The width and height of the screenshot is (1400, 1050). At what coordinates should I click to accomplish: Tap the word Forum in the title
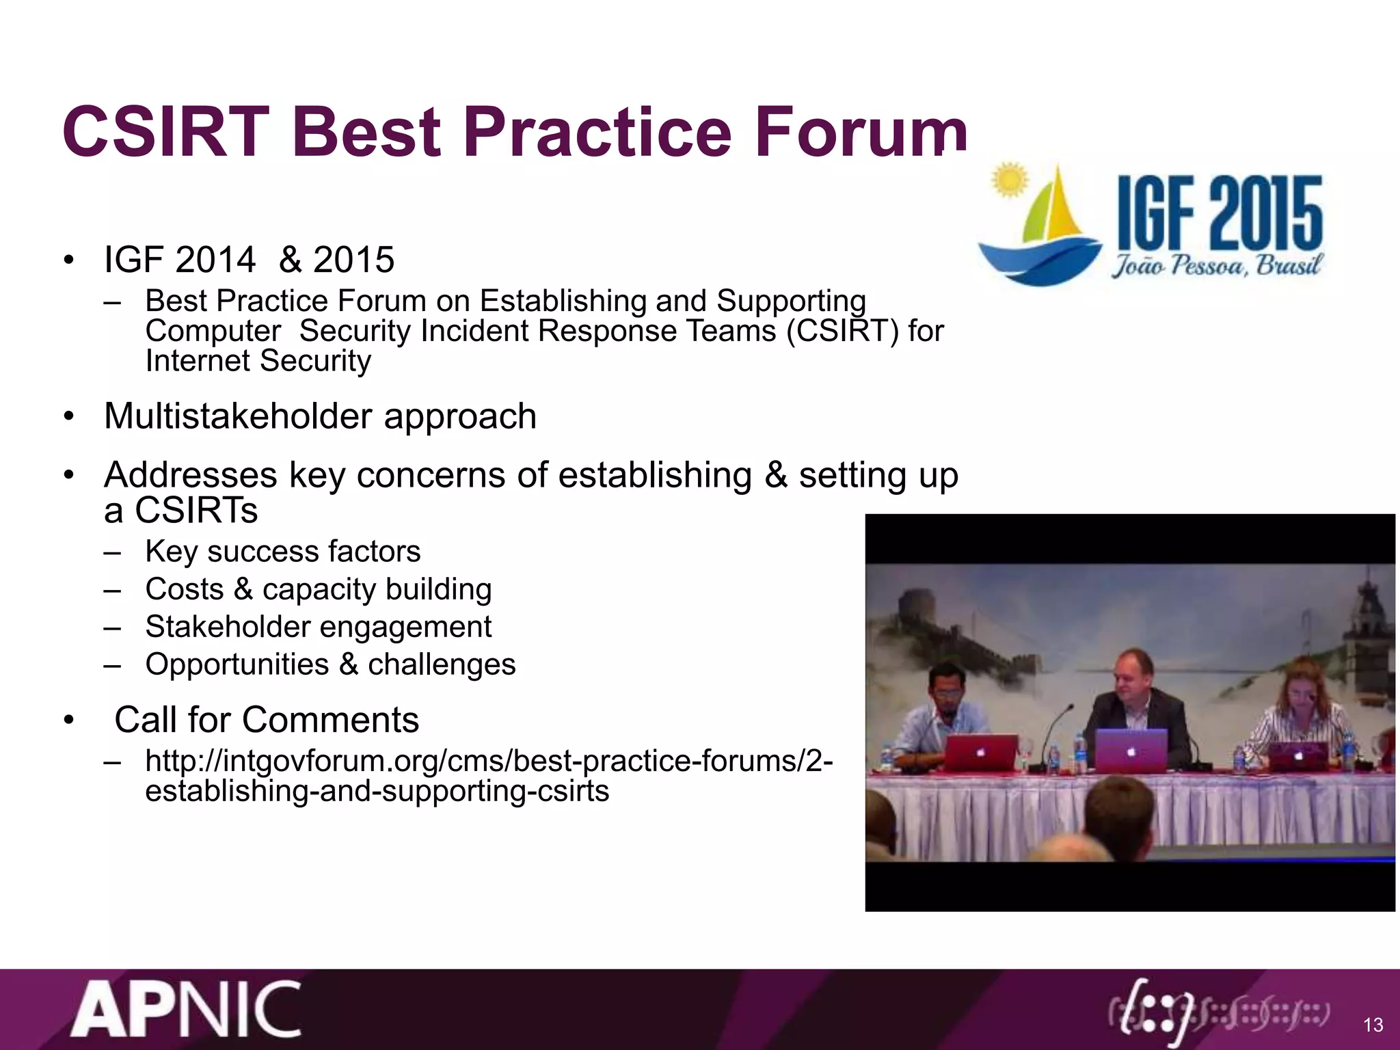click(x=861, y=132)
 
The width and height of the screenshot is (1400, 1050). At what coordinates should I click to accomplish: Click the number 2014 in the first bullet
click(x=215, y=260)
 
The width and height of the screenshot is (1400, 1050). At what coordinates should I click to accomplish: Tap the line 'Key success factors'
click(x=282, y=552)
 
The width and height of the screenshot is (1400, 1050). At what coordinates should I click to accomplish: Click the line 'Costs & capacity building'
click(x=318, y=589)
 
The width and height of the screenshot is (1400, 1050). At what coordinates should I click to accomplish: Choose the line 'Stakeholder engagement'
click(x=318, y=627)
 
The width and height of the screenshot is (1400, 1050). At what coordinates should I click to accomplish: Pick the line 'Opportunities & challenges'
click(x=330, y=664)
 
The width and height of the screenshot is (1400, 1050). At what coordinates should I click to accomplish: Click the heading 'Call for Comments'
click(x=267, y=720)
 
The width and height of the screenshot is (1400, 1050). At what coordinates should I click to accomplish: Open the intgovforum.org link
click(x=488, y=776)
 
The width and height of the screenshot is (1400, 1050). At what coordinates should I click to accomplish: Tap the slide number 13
click(x=1373, y=1025)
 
